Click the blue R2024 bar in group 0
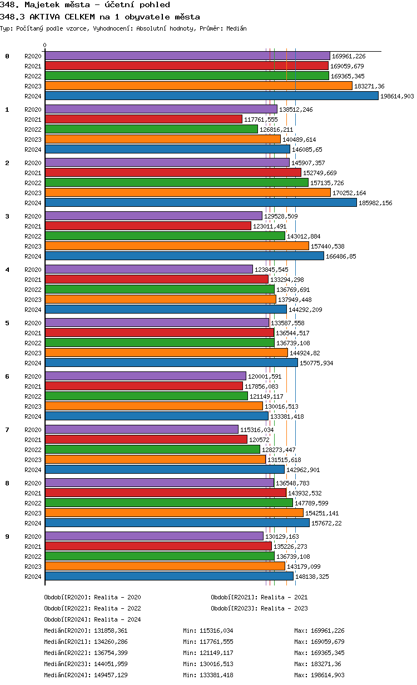click(x=211, y=96)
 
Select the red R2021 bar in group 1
click(x=143, y=119)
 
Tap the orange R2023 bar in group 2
click(x=187, y=192)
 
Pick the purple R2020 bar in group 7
click(x=141, y=429)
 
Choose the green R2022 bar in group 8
click(x=168, y=503)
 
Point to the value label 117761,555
click(x=261, y=120)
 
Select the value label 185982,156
click(x=375, y=203)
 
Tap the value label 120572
click(x=259, y=440)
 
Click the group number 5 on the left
click(x=7, y=323)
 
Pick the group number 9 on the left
click(x=7, y=537)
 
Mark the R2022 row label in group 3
click(x=33, y=236)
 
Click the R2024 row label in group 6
click(x=33, y=416)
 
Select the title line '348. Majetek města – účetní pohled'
click(x=85, y=5)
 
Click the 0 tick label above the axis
click(x=45, y=46)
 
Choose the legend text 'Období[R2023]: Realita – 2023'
click(x=259, y=608)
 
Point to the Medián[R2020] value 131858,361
click(x=111, y=631)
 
